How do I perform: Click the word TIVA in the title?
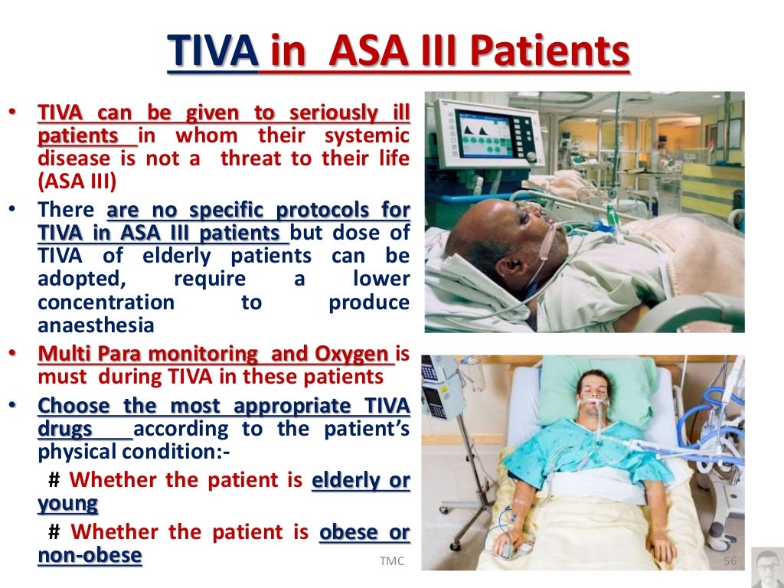click(x=211, y=51)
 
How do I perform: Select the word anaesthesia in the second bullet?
click(x=96, y=325)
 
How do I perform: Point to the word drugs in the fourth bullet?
click(x=65, y=428)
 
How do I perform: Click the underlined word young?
click(x=68, y=503)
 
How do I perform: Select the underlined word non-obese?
click(x=90, y=555)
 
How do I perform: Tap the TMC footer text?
click(x=391, y=562)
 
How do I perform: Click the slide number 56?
click(x=730, y=562)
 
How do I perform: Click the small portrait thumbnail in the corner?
click(x=766, y=567)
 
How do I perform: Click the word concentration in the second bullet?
click(x=106, y=302)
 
